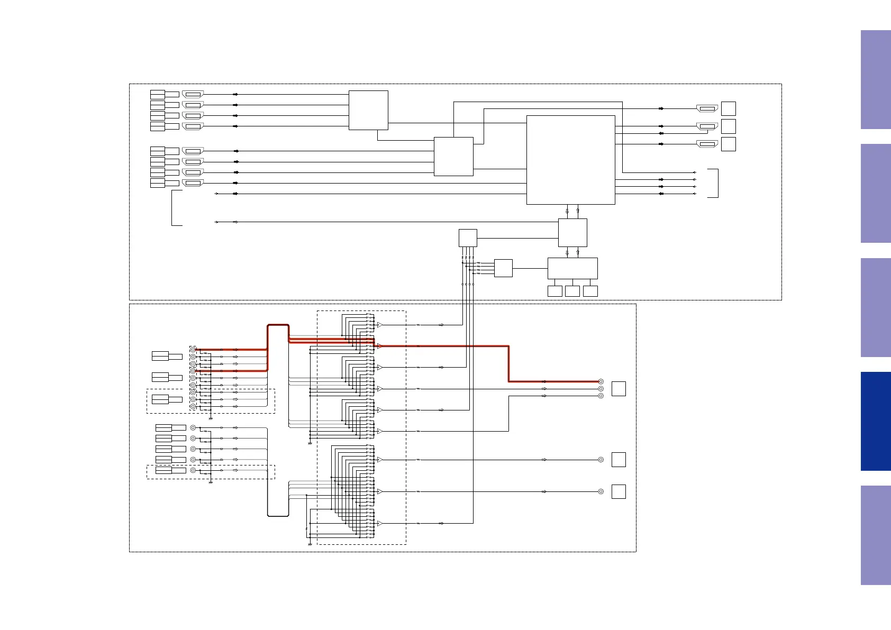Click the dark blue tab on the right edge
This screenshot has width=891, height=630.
click(x=876, y=421)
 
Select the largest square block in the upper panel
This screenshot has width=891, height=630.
click(x=570, y=160)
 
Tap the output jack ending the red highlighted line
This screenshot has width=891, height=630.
click(x=601, y=381)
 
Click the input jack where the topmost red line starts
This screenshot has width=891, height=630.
click(x=193, y=350)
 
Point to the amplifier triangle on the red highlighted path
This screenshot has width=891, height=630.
click(x=379, y=346)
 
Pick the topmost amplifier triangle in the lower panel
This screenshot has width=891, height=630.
click(x=379, y=325)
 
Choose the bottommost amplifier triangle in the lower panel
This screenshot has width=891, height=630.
click(x=379, y=523)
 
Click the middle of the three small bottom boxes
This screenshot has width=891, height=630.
click(x=572, y=291)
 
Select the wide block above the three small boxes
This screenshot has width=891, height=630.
click(x=572, y=268)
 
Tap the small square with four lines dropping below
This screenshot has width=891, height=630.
click(x=468, y=238)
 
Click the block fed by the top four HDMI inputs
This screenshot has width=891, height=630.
click(x=368, y=110)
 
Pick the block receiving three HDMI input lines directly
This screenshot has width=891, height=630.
click(x=453, y=157)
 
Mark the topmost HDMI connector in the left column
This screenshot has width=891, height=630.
click(x=193, y=94)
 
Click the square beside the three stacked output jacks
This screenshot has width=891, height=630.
click(x=619, y=389)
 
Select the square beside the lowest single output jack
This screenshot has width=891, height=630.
click(x=619, y=491)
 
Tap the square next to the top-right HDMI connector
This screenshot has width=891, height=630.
click(x=729, y=108)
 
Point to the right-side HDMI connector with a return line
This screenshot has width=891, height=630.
click(x=707, y=126)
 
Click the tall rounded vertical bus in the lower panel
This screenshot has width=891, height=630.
click(x=278, y=421)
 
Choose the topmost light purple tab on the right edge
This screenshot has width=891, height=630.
click(x=876, y=79)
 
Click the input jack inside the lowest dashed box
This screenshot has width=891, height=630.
click(x=193, y=470)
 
